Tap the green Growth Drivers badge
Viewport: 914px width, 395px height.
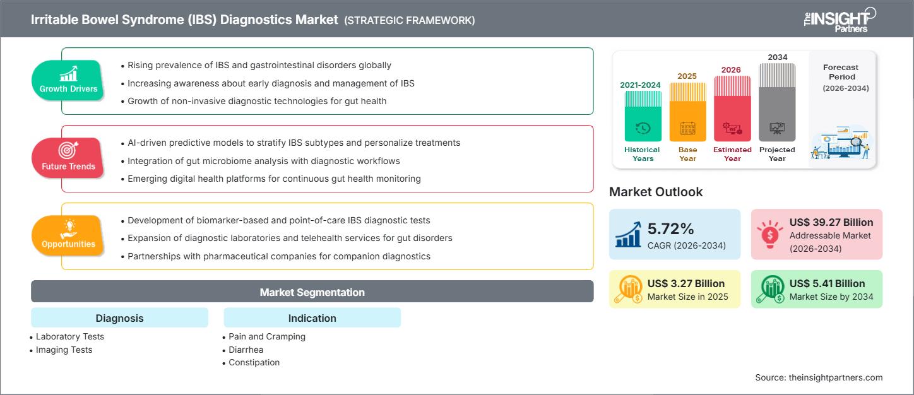tap(68, 80)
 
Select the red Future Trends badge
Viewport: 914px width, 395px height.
tap(68, 157)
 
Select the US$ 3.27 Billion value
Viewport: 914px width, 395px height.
tap(685, 283)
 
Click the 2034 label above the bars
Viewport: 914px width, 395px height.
tap(777, 57)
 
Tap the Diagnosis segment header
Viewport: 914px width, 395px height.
tap(119, 318)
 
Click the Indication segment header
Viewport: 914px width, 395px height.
tap(312, 318)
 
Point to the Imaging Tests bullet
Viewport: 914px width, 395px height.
tap(64, 350)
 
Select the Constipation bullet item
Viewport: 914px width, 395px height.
tap(254, 362)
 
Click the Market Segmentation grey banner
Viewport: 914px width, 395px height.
tap(312, 292)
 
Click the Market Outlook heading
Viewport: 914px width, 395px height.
tap(656, 192)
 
